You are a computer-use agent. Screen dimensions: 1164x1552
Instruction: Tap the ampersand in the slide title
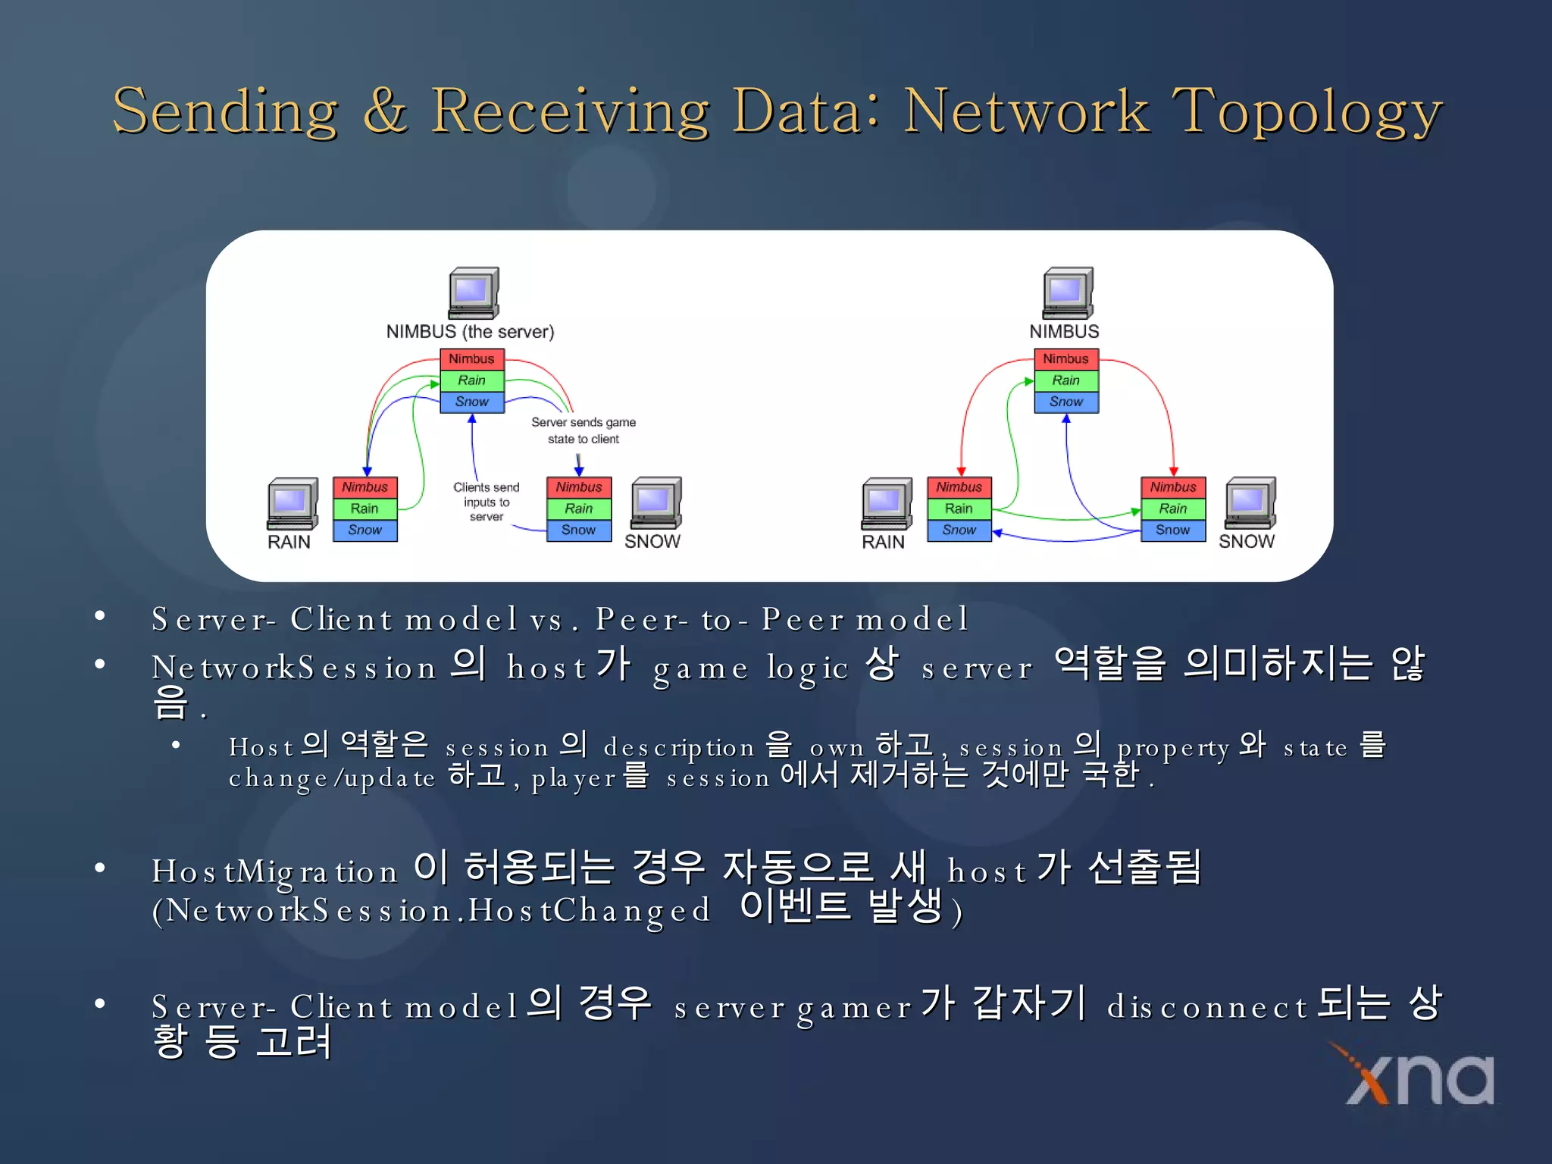pyautogui.click(x=385, y=112)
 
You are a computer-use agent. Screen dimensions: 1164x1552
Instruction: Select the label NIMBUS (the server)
pyautogui.click(x=470, y=332)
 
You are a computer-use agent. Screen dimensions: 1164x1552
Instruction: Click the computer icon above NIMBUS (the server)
pyautogui.click(x=473, y=293)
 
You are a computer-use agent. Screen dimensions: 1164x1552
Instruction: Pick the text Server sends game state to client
pyautogui.click(x=583, y=430)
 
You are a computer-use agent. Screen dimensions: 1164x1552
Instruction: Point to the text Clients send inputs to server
pyautogui.click(x=486, y=502)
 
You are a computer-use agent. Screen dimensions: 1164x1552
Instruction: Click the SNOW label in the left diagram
pyautogui.click(x=652, y=542)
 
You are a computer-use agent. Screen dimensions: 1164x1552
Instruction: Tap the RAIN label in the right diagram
pyautogui.click(x=883, y=542)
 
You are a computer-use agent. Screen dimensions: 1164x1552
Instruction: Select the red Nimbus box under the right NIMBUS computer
pyautogui.click(x=1065, y=359)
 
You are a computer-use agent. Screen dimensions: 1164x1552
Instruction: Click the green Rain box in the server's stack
pyautogui.click(x=471, y=380)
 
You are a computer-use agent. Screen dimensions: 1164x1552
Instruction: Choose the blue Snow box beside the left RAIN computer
pyautogui.click(x=365, y=530)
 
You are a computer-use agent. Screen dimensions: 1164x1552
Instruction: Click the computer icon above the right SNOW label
pyautogui.click(x=1250, y=502)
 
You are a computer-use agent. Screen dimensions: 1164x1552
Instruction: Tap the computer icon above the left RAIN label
pyautogui.click(x=292, y=503)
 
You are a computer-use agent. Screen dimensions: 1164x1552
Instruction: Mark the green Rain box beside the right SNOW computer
pyautogui.click(x=1172, y=508)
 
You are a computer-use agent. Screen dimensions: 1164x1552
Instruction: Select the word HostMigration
pyautogui.click(x=274, y=871)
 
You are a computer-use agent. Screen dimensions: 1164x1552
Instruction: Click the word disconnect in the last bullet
pyautogui.click(x=1206, y=1008)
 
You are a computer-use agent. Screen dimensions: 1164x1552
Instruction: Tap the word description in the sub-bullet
pyautogui.click(x=678, y=749)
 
